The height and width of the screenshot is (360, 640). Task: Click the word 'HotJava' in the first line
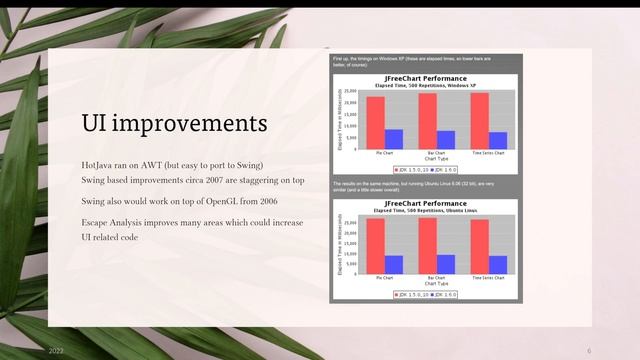98,164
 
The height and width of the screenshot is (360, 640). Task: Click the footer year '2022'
57,351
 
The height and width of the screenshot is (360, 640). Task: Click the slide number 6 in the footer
589,351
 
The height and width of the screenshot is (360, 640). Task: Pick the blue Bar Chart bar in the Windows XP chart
446,139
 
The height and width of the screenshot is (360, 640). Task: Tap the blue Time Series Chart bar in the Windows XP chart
498,140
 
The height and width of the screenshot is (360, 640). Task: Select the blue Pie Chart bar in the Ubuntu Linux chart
394,264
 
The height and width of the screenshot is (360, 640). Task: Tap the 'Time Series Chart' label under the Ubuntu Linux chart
488,278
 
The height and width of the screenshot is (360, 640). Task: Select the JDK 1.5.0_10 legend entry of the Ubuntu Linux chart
412,294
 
